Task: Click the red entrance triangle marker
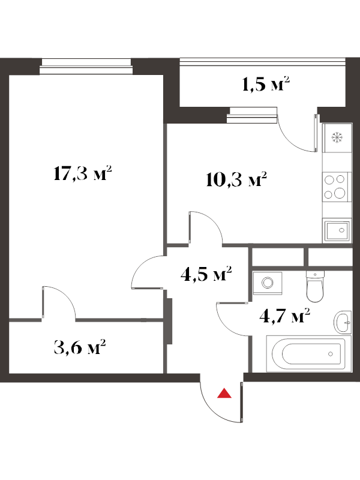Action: tap(224, 394)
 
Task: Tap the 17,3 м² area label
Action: tap(82, 173)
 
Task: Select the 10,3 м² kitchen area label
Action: tap(236, 179)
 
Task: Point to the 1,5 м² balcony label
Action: tap(266, 84)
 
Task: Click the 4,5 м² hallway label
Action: tap(206, 274)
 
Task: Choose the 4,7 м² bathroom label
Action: tap(284, 316)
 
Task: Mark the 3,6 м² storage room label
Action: tap(80, 347)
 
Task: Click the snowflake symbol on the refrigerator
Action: tap(337, 137)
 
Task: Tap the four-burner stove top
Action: tap(335, 187)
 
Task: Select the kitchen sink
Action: tap(337, 231)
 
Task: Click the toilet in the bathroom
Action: tap(314, 286)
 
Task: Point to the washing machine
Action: tap(268, 283)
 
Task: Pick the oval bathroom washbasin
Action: tap(342, 322)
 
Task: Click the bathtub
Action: tap(308, 353)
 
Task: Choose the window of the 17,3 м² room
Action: tap(86, 67)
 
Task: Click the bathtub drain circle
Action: tap(331, 354)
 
